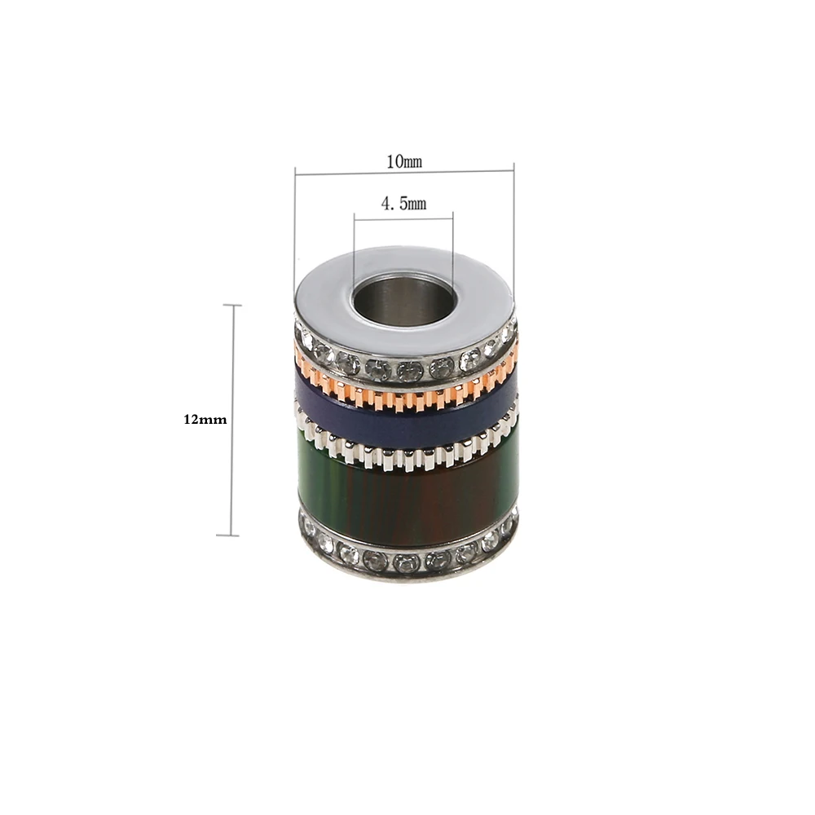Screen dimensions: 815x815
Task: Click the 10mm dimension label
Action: tap(404, 161)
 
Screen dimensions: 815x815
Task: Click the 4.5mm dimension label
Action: tap(404, 204)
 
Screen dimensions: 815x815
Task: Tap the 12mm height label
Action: tap(204, 421)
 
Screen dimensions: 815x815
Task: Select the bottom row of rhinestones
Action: tap(407, 558)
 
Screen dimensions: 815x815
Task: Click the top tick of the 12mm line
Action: tap(233, 306)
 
